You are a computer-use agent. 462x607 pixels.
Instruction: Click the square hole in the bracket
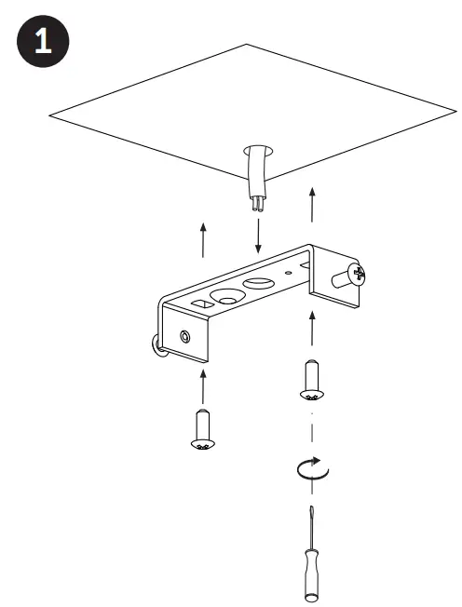[x=200, y=303]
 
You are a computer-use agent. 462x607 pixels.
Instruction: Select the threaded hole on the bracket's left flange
[x=184, y=335]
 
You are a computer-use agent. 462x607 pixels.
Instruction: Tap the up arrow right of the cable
[x=312, y=204]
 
